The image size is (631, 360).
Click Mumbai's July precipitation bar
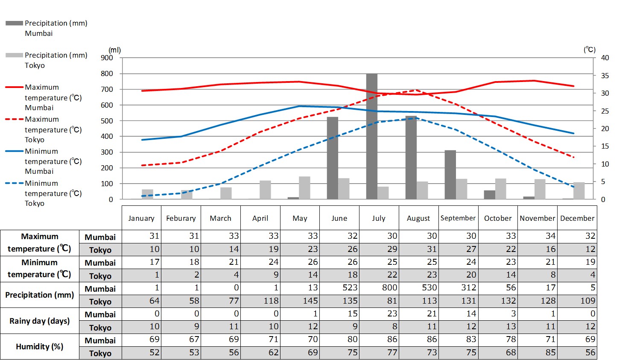coord(371,137)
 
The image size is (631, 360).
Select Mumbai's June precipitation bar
coord(332,158)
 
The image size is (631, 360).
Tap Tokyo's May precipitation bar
coord(304,188)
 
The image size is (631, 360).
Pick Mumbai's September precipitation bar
coord(450,175)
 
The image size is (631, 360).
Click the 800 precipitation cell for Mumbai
coord(379,288)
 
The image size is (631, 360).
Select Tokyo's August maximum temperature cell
coord(419,249)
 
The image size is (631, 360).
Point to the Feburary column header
coord(181,218)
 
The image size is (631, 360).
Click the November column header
coord(538,218)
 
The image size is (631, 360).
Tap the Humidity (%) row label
coord(39,346)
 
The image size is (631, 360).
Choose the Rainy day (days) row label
coord(39,321)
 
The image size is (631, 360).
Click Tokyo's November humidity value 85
coord(538,353)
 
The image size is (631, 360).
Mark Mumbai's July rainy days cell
coord(379,314)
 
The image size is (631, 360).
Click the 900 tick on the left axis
coord(107,58)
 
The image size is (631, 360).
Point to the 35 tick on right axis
coord(605,76)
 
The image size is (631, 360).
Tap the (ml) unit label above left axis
coord(114,50)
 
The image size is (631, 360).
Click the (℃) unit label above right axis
coord(589,50)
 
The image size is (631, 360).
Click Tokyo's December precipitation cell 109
coord(577,301)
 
